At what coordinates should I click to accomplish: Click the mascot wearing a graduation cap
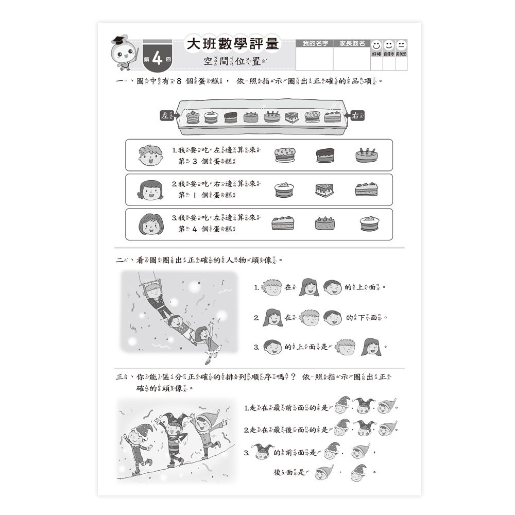[x=125, y=53]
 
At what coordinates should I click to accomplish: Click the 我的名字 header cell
[x=315, y=43]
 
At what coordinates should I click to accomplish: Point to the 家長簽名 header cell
[x=352, y=43]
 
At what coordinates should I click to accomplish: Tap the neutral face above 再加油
[x=401, y=45]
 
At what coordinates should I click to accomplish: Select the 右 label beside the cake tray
[x=356, y=115]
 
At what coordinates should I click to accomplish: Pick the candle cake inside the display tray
[x=271, y=116]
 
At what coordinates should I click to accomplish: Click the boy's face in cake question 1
[x=150, y=155]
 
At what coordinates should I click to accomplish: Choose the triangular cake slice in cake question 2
[x=324, y=190]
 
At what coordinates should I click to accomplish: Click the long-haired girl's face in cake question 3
[x=150, y=224]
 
